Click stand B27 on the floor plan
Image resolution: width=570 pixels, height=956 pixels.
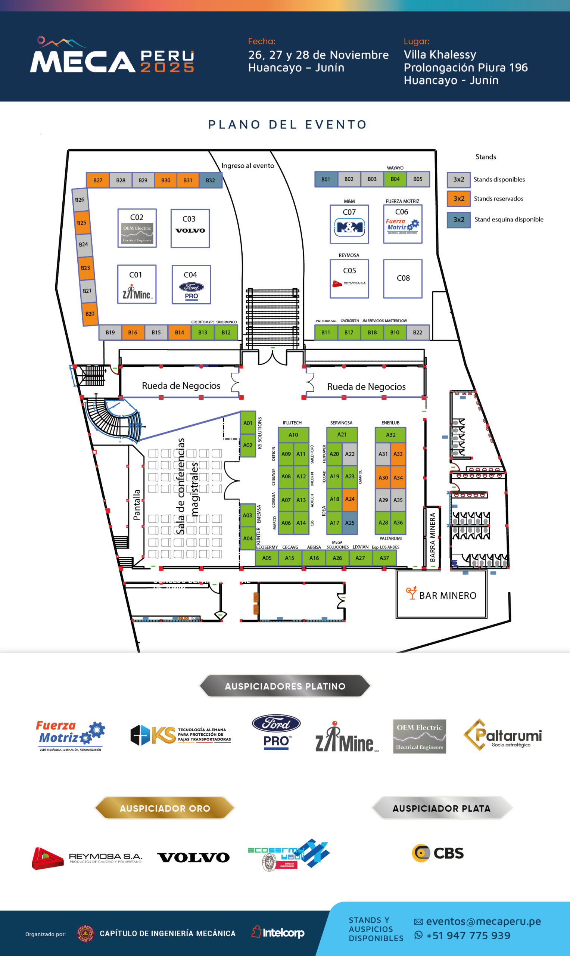pos(97,180)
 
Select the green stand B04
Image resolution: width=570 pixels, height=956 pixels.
pos(395,179)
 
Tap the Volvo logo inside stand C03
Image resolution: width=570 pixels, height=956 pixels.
pos(190,230)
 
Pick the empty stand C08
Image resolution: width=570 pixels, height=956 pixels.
pos(402,279)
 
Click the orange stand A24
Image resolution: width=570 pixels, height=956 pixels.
pos(349,499)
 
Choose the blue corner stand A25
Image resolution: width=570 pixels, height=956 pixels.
pos(349,523)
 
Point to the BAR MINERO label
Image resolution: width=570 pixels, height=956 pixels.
pos(448,596)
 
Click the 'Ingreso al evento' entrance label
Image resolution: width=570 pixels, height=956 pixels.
pos(248,165)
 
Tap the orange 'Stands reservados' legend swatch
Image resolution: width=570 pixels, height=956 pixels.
pos(459,199)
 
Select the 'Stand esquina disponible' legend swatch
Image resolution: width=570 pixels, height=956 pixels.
pos(459,220)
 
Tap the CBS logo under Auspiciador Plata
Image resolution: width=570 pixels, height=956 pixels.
pos(438,853)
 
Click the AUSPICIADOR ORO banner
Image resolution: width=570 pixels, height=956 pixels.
pos(165,808)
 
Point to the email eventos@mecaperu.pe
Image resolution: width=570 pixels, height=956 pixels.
pos(483,921)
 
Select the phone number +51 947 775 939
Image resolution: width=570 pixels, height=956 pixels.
pos(468,935)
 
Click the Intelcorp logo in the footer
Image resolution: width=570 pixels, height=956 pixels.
pos(278,932)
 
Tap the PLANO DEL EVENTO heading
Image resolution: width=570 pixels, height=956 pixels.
pos(288,124)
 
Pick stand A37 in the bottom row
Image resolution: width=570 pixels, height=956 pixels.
pos(384,558)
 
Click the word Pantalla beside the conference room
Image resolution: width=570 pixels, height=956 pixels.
pos(137,505)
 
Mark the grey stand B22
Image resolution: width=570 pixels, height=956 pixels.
pos(417,332)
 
